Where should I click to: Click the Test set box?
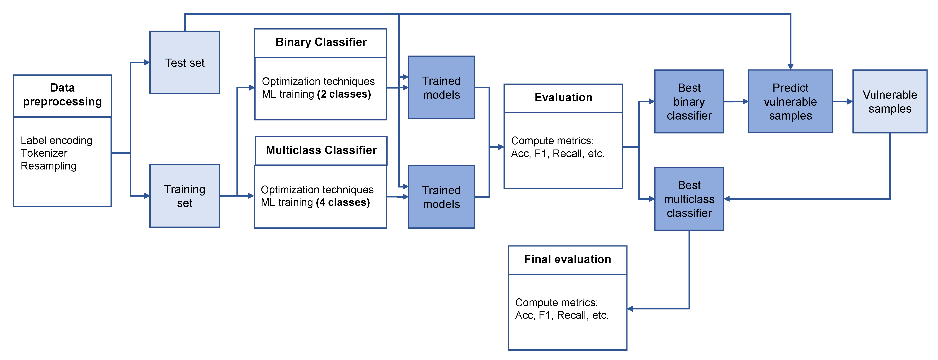[x=185, y=63]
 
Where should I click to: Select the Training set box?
[x=185, y=196]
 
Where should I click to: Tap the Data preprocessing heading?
[x=62, y=95]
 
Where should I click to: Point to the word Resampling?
[x=48, y=166]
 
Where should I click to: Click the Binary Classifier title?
[x=321, y=42]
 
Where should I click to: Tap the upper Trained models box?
[x=441, y=88]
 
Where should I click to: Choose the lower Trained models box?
[x=441, y=197]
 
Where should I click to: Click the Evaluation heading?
[x=563, y=98]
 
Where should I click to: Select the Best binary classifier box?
[x=689, y=102]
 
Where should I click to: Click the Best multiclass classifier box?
[x=689, y=199]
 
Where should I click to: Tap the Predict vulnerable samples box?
[x=790, y=102]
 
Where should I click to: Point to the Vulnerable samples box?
[x=890, y=102]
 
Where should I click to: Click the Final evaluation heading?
[x=567, y=260]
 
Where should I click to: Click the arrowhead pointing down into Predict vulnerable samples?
[x=790, y=67]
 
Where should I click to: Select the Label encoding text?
[x=56, y=140]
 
